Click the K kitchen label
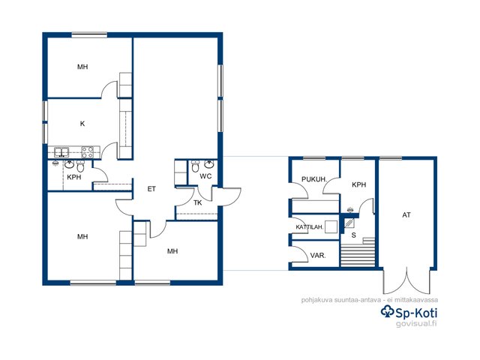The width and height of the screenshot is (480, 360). pyautogui.click(x=82, y=124)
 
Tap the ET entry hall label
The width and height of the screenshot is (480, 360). pyautogui.click(x=151, y=189)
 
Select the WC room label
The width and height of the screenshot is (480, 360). pyautogui.click(x=205, y=176)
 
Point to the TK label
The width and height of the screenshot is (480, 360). pyautogui.click(x=198, y=202)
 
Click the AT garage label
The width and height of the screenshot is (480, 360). pyautogui.click(x=406, y=215)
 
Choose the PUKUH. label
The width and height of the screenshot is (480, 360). pyautogui.click(x=314, y=179)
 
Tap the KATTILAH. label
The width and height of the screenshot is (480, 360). pyautogui.click(x=310, y=227)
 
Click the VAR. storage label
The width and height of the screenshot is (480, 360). pyautogui.click(x=318, y=255)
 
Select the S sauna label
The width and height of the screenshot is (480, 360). pyautogui.click(x=354, y=235)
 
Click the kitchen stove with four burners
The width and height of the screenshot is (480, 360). pyautogui.click(x=88, y=152)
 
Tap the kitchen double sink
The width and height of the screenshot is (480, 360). pyautogui.click(x=61, y=152)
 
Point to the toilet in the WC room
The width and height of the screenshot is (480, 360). pyautogui.click(x=195, y=166)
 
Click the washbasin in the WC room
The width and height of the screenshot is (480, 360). pyautogui.click(x=209, y=164)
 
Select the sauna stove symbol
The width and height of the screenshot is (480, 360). pyautogui.click(x=349, y=223)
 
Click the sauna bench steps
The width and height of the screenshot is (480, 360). pyautogui.click(x=358, y=253)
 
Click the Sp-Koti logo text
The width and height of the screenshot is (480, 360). pyautogui.click(x=409, y=313)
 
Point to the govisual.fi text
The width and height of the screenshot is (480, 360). pyautogui.click(x=416, y=323)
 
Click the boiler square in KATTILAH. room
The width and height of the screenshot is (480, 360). pyautogui.click(x=331, y=227)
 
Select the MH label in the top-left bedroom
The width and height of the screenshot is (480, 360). pyautogui.click(x=82, y=67)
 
